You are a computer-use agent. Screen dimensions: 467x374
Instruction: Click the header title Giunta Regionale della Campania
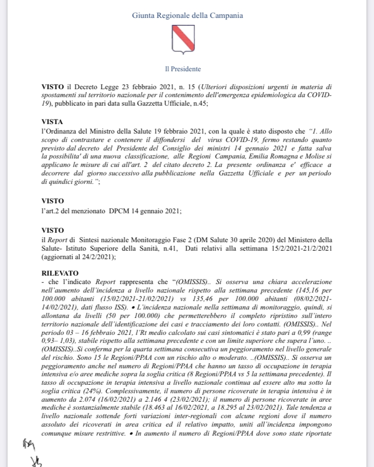pyautogui.click(x=187, y=15)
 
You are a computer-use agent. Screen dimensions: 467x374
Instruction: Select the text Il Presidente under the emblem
pyautogui.click(x=183, y=69)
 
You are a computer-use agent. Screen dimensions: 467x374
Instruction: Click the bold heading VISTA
pyautogui.click(x=53, y=121)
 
